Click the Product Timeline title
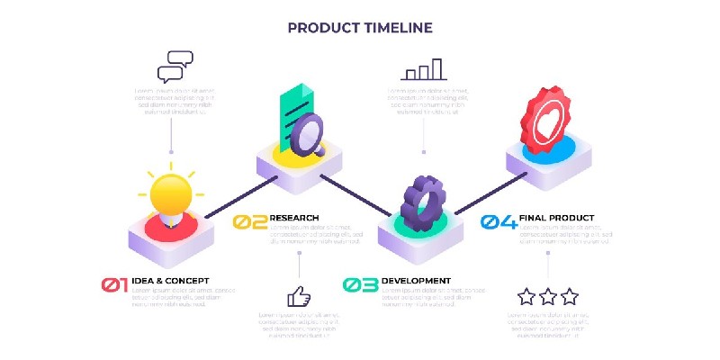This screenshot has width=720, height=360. coord(360,28)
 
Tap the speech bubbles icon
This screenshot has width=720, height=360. coord(175,66)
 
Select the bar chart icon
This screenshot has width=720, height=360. coord(424,70)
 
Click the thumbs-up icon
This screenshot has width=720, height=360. coord(299,296)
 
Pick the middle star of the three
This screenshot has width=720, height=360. coord(548,296)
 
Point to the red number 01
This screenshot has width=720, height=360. coord(114,285)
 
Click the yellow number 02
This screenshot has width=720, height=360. coord(249,221)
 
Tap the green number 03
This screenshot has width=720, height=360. coord(361,285)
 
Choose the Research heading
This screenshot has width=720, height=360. coord(294,218)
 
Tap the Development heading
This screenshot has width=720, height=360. coord(417,282)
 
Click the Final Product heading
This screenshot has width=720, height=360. coord(558,218)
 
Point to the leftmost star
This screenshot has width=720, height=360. coord(526,296)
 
